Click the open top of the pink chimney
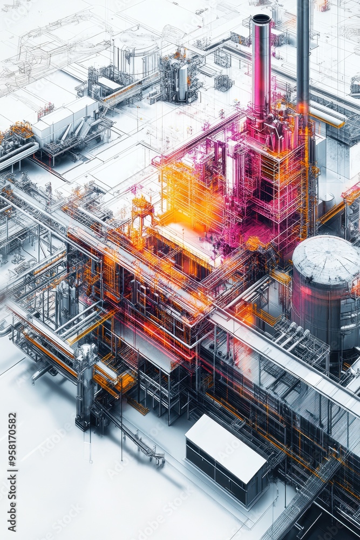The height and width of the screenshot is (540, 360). coord(261,19)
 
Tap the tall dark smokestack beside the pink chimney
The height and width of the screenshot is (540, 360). coord(303,54)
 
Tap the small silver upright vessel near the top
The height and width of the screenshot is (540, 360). coord(182,82)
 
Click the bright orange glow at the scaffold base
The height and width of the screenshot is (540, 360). coord(178,216)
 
